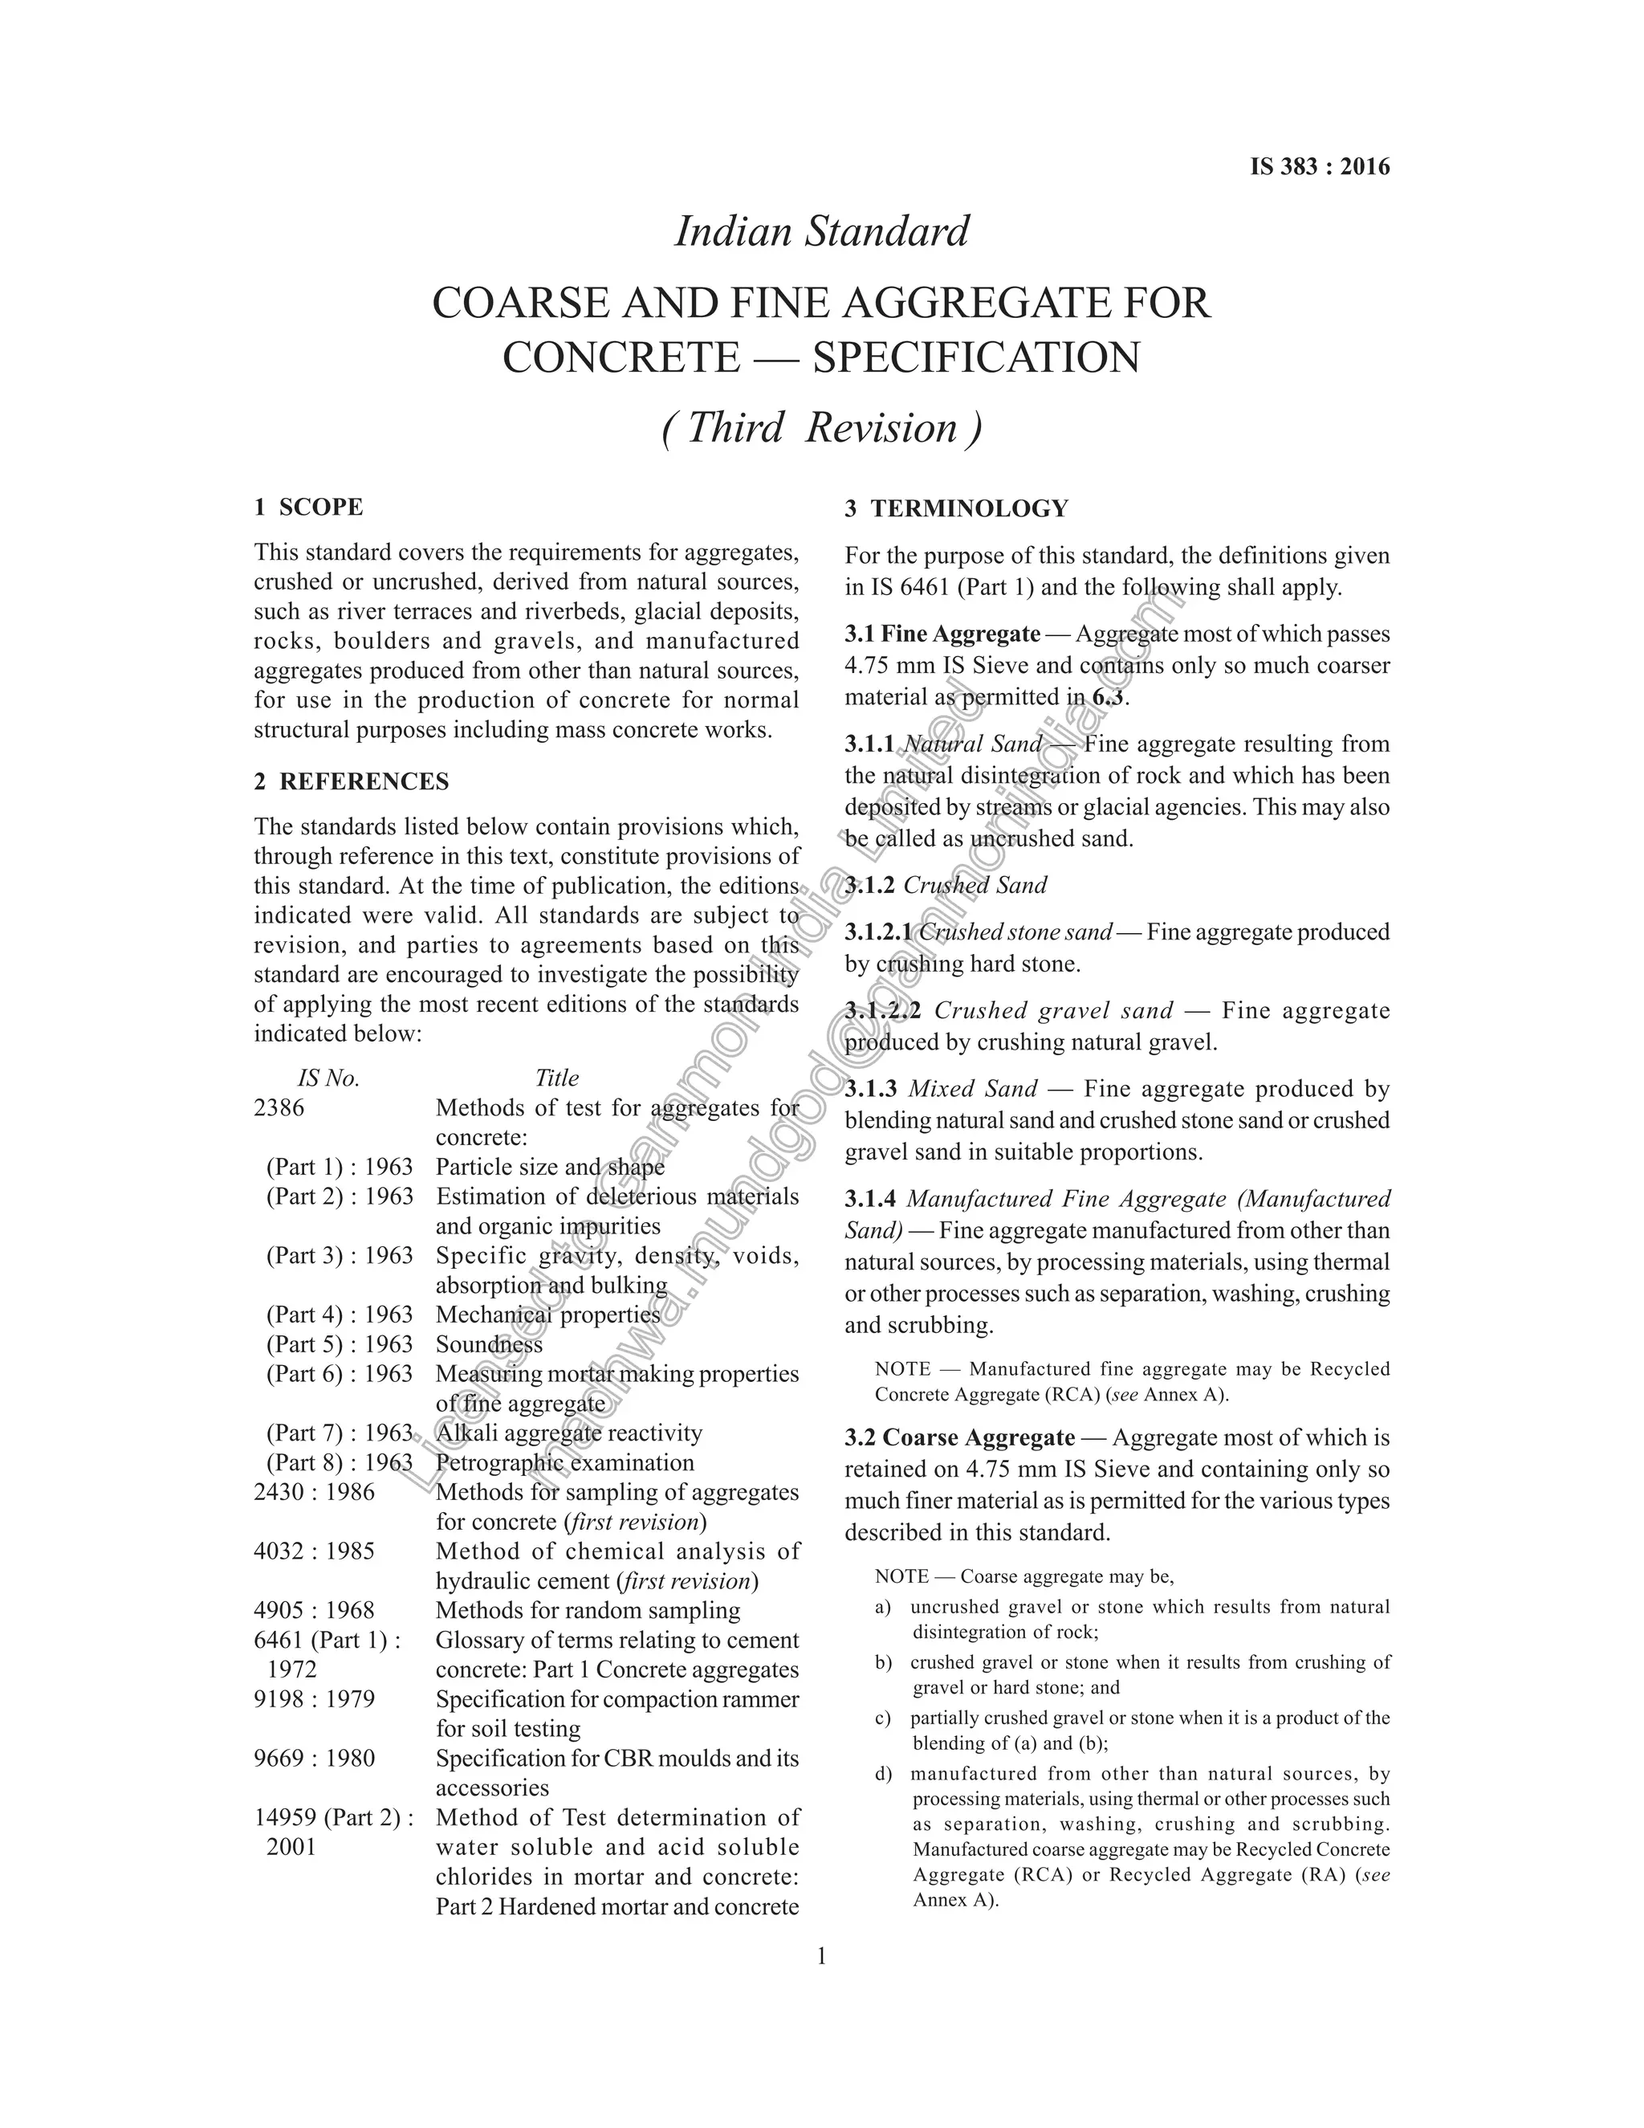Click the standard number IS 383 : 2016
1320,166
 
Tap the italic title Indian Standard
822,232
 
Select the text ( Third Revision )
822,428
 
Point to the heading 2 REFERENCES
351,781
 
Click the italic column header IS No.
328,1078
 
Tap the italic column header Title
556,1078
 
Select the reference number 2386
279,1108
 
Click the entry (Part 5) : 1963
340,1344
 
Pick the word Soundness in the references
489,1344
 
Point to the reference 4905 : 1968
314,1611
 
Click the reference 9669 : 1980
314,1759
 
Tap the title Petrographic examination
565,1462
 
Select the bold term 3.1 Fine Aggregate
942,634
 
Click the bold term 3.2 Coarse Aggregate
959,1438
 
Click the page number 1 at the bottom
821,1955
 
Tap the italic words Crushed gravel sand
1054,1010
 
